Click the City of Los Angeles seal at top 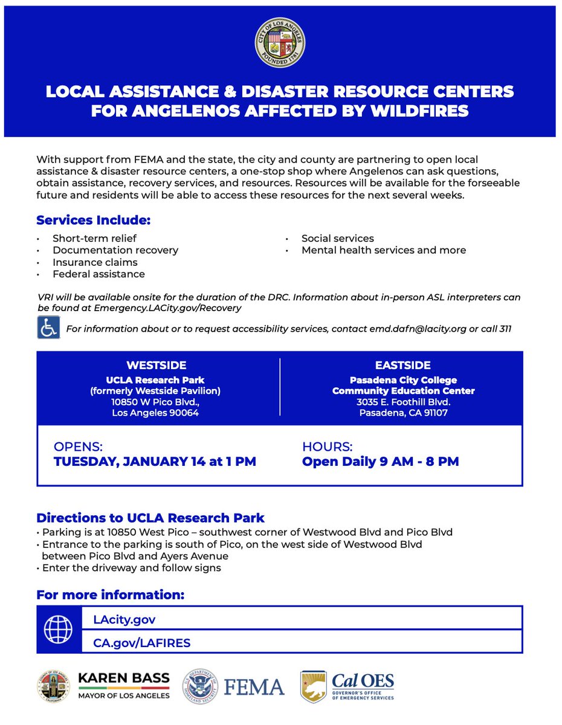click(x=280, y=42)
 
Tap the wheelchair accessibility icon click(x=48, y=327)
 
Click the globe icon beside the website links click(x=59, y=630)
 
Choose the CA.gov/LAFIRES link click(x=141, y=643)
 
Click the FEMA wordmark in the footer click(x=254, y=687)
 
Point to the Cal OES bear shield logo click(x=313, y=686)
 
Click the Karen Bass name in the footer click(x=124, y=679)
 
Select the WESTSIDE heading click(x=157, y=366)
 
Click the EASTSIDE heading click(x=403, y=366)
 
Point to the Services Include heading click(x=93, y=219)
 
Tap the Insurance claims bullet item click(x=95, y=262)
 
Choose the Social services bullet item click(x=337, y=238)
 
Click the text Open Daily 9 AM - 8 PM click(x=380, y=462)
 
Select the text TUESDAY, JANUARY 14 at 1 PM click(x=155, y=462)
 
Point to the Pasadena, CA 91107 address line click(x=403, y=413)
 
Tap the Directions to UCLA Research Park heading click(x=150, y=518)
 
